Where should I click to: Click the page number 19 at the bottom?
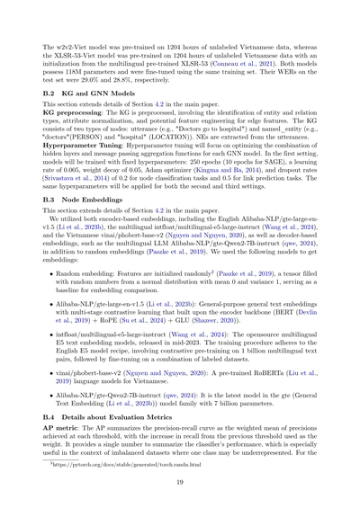point(179,483)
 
